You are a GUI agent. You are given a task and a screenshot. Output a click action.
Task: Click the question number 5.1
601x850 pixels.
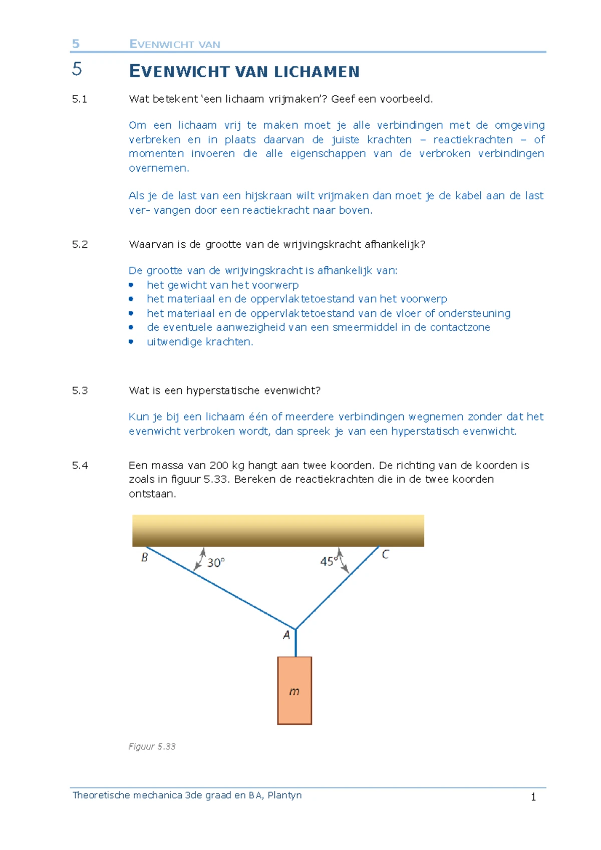pos(80,99)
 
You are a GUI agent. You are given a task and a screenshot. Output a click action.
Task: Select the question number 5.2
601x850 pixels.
pos(80,244)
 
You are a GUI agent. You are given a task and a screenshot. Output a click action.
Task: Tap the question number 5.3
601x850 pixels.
pos(80,390)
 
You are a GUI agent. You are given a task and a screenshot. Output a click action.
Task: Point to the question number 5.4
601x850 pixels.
pos(80,466)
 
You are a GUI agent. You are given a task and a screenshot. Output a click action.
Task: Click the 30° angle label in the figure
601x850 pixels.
pos(216,563)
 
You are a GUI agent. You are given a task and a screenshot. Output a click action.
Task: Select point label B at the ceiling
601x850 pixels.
pos(145,557)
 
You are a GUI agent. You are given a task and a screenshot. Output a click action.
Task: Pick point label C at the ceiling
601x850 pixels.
pos(385,554)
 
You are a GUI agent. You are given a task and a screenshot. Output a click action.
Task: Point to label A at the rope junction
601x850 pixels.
pos(286,635)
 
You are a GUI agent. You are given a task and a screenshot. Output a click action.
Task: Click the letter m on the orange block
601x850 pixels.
pos(294,691)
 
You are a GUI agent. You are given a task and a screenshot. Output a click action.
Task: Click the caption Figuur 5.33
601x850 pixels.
pos(152,746)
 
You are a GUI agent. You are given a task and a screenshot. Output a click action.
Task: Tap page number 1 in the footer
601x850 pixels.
pos(533,797)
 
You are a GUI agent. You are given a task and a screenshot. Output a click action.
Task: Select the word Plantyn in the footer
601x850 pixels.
pos(284,795)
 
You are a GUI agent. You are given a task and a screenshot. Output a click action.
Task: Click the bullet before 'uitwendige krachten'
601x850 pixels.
pos(131,341)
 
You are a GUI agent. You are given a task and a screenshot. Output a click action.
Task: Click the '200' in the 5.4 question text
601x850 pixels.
pos(219,466)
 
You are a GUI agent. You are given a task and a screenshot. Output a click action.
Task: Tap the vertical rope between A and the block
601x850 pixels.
pos(295,643)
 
